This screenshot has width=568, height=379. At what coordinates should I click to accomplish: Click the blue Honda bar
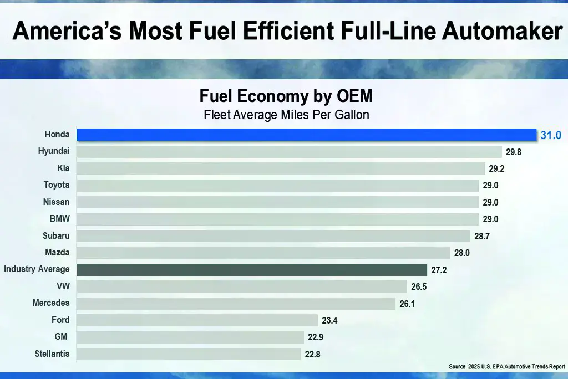306,135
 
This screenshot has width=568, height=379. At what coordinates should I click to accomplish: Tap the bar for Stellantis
188,354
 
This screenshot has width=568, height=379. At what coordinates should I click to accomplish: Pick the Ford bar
197,320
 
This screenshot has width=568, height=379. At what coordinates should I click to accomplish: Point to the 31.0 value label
551,135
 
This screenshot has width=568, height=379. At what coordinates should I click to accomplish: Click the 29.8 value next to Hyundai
513,151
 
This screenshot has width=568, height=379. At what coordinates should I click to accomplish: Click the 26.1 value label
407,304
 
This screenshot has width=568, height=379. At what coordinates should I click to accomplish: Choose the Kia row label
63,168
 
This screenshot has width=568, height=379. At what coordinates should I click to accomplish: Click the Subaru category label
56,235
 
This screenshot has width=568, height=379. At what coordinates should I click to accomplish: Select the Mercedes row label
51,303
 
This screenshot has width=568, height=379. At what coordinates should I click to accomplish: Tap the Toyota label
57,185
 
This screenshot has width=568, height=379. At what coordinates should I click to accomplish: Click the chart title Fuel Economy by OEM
286,96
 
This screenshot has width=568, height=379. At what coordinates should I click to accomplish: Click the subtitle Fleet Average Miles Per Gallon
286,115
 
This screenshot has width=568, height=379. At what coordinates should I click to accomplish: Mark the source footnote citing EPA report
507,367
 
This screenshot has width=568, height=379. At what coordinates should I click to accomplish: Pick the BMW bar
277,219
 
